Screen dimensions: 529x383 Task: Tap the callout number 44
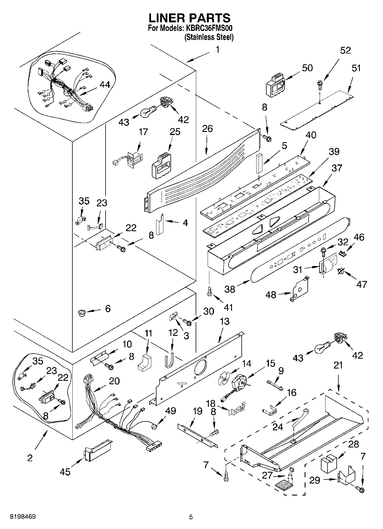point(105,85)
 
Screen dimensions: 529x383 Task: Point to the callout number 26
point(207,129)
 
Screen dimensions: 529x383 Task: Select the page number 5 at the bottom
point(191,517)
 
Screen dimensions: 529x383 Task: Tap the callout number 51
point(356,68)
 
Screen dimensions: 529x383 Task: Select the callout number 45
point(65,471)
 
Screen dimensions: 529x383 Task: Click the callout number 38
point(230,289)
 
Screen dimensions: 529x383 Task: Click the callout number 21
point(338,365)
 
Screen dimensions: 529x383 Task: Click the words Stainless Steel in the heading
point(209,37)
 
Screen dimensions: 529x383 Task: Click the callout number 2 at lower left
point(30,458)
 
